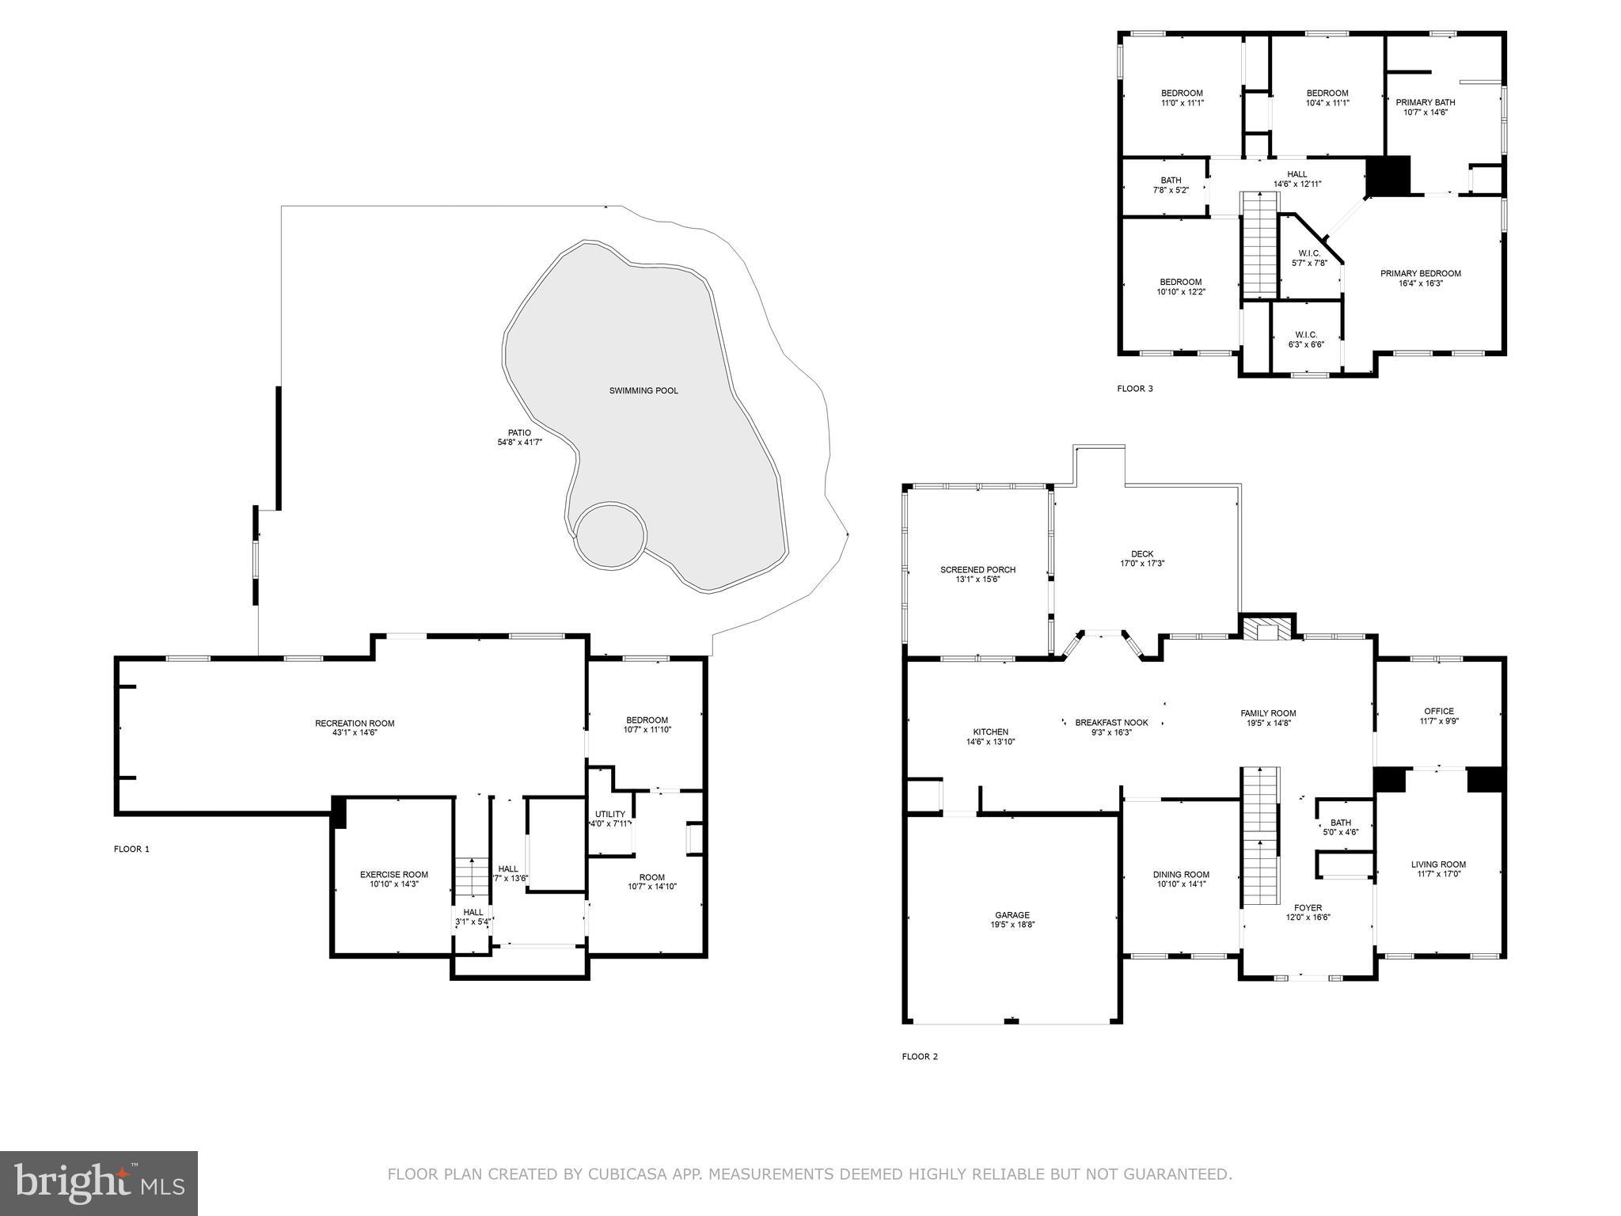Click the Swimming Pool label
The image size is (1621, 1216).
643,390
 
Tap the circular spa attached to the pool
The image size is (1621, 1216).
610,534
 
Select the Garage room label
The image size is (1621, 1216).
1012,915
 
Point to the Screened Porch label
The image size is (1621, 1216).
978,569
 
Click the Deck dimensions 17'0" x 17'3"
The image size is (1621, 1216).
1141,564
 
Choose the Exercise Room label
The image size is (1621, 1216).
393,875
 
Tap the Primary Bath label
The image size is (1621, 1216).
1425,102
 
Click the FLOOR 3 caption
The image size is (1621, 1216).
1134,389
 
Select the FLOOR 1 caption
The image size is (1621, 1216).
131,849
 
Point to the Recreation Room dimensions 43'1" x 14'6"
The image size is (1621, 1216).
354,733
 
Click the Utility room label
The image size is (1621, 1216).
609,814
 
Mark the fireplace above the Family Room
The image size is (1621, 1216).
1266,629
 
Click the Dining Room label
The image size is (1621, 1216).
1180,875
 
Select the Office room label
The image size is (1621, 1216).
1438,711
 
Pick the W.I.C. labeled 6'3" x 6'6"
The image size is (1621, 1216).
1305,334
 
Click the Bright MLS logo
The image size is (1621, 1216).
99,1183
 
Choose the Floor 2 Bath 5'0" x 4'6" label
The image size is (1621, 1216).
1340,823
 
